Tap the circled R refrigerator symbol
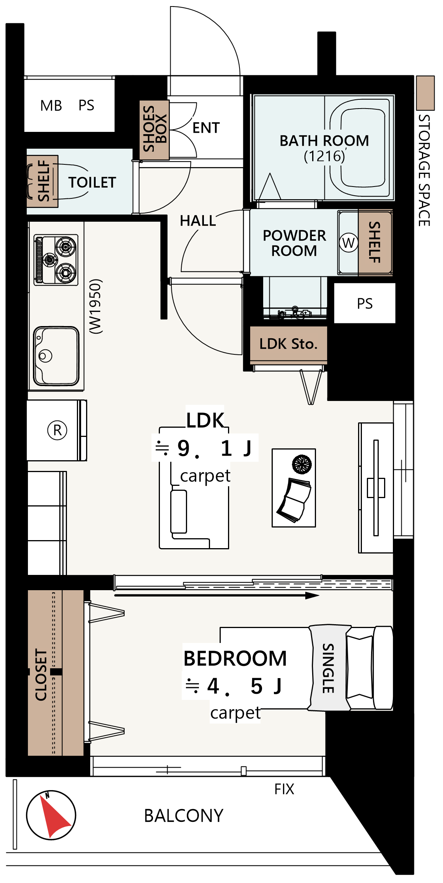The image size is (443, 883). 57,430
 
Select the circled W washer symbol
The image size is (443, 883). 349,243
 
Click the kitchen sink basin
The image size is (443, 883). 56,356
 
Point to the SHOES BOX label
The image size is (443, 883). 155,129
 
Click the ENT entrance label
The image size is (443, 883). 206,128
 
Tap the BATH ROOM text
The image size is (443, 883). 324,141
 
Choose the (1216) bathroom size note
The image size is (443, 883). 324,156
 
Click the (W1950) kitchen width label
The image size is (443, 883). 96,306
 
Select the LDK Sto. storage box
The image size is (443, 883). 288,344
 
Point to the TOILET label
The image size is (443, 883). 92,182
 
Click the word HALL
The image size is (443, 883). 198,221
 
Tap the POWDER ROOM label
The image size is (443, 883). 294,243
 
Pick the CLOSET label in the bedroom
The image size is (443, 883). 41,674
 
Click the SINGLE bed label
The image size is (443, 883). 328,668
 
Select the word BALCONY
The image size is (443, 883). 184,816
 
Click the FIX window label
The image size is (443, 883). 284,789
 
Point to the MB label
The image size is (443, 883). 51,106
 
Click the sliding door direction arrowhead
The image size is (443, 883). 313,595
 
